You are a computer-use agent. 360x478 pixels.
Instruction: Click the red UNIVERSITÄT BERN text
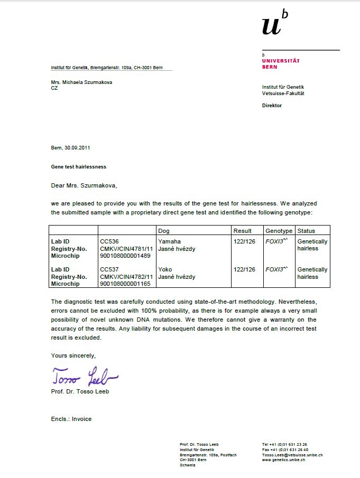281,63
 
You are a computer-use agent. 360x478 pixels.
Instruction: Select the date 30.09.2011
77,148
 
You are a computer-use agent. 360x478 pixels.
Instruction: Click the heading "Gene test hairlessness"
78,167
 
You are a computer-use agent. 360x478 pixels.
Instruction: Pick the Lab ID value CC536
109,241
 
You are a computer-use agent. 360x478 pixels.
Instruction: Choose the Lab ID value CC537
109,269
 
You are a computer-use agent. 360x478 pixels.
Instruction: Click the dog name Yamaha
169,241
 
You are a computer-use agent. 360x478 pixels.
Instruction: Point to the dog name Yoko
165,269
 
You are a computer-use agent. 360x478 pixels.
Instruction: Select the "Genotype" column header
279,231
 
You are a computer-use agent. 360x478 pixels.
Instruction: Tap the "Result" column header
243,231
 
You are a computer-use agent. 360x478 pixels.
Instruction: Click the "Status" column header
306,231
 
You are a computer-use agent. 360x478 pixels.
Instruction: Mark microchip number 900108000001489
125,256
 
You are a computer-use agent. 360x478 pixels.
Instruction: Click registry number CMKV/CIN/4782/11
126,277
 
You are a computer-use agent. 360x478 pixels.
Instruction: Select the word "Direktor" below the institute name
272,106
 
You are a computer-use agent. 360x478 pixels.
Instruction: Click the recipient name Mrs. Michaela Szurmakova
81,82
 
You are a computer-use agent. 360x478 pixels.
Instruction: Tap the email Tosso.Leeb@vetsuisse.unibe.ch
292,455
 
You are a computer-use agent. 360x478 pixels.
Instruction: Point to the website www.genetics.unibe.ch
283,460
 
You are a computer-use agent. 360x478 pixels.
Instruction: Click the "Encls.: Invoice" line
71,419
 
